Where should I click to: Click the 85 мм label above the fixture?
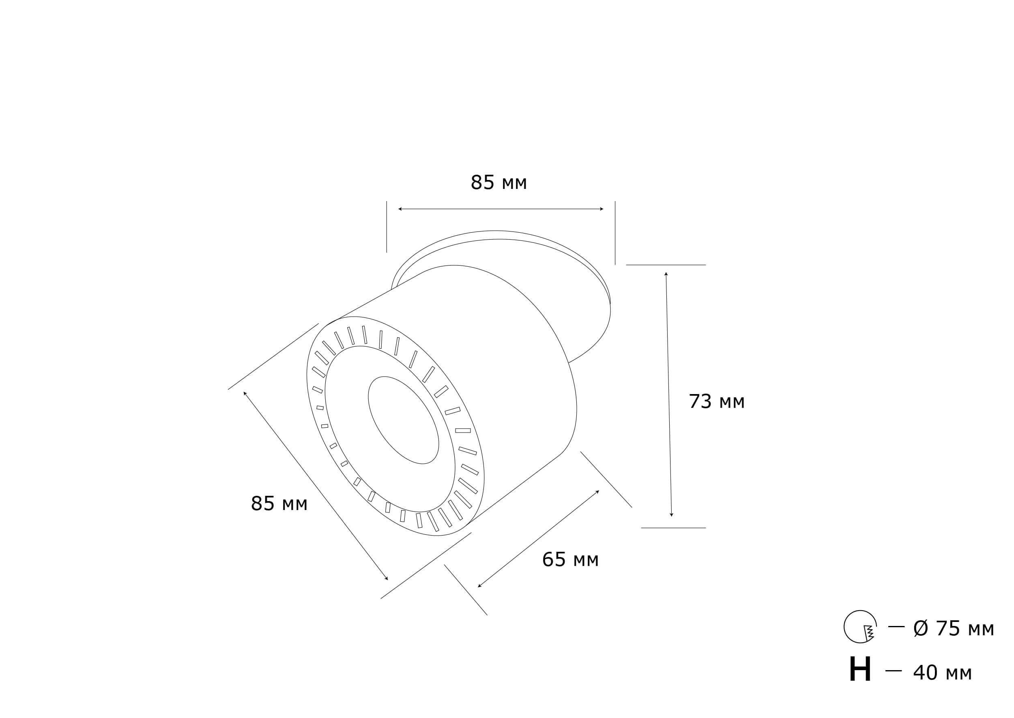(498, 182)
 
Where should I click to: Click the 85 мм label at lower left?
(279, 504)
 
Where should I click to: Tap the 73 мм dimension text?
(716, 401)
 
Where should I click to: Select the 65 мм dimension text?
(570, 560)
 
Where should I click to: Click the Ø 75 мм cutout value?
(954, 629)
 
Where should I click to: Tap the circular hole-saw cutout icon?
(860, 626)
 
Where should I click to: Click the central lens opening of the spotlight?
(403, 420)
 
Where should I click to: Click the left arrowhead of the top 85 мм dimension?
(400, 209)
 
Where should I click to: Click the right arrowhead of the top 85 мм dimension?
(602, 209)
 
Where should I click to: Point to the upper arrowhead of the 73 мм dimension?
(666, 274)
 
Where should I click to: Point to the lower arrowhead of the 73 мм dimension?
(671, 514)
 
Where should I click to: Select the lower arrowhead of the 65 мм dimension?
(479, 586)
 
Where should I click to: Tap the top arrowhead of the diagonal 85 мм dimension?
(245, 392)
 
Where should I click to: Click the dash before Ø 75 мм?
(896, 626)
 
